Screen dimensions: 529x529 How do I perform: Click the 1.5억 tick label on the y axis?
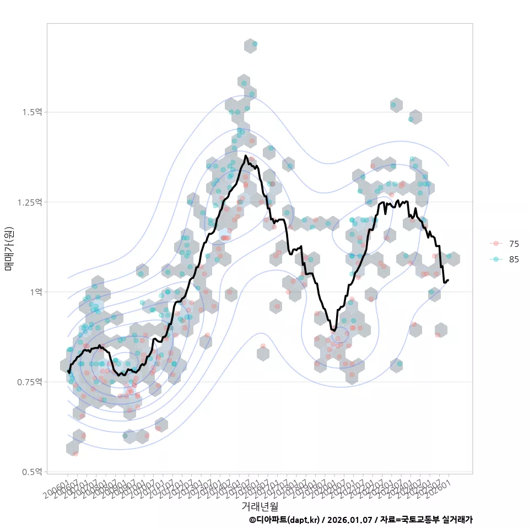coord(32,112)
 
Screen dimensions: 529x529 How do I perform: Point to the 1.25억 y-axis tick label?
coord(30,202)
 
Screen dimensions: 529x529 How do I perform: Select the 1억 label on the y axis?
coord(35,292)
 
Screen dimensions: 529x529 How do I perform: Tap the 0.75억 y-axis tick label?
coord(30,382)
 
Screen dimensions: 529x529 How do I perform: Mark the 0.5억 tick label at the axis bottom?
coord(32,472)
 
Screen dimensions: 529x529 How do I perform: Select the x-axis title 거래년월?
coord(260,506)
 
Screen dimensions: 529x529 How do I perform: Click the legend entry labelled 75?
coord(514,244)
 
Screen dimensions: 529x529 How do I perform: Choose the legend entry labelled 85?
coord(514,260)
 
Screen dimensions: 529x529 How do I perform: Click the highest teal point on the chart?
coord(255,44)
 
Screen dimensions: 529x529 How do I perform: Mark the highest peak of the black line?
coord(246,156)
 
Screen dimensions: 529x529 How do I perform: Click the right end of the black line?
coord(449,280)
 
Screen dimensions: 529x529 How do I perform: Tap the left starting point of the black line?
coord(68,372)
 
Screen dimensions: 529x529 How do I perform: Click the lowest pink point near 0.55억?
coord(75,454)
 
